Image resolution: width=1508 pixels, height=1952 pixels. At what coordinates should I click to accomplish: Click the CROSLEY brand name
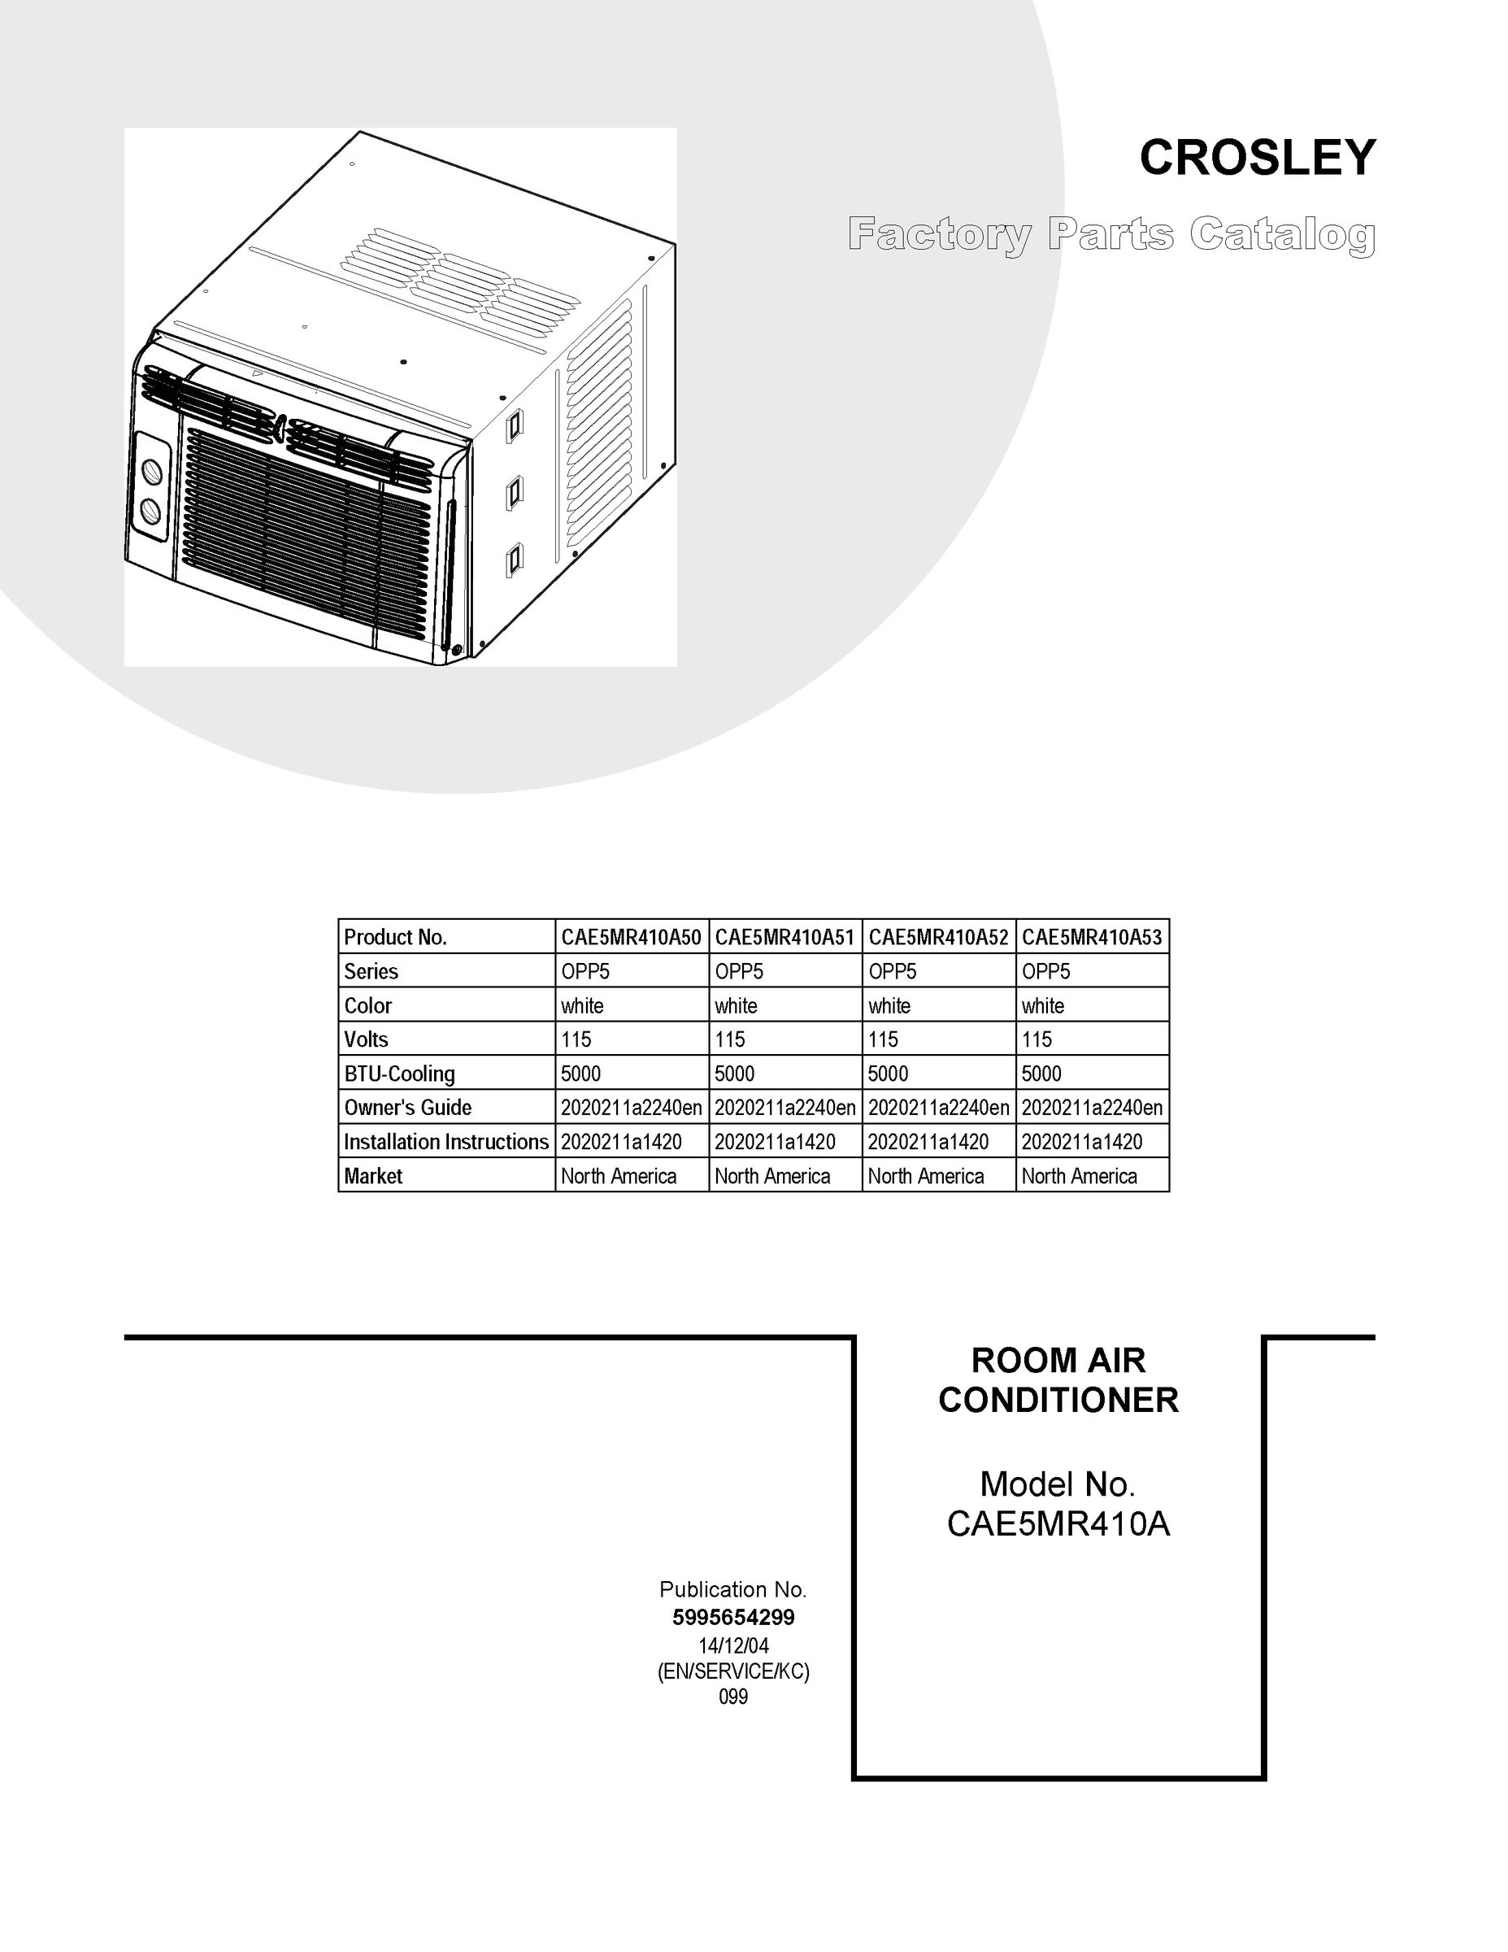[x=1257, y=159]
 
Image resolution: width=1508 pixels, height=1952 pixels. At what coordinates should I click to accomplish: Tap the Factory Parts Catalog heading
[x=1111, y=235]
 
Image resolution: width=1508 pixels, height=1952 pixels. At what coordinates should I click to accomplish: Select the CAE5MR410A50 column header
[x=631, y=937]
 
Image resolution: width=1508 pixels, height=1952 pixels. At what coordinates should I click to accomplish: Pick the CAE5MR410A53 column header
[x=1092, y=937]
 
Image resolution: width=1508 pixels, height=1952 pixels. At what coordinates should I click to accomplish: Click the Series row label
[x=371, y=972]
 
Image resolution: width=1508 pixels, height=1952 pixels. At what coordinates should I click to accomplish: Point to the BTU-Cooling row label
[x=399, y=1074]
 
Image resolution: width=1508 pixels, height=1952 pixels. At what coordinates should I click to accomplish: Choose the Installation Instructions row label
[x=445, y=1141]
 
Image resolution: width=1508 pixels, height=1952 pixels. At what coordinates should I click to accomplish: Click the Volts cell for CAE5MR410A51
[x=730, y=1039]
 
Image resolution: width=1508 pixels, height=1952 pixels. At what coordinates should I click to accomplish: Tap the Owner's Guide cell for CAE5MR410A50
[x=631, y=1108]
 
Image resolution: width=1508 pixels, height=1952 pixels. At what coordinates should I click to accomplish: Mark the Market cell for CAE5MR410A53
[x=1080, y=1176]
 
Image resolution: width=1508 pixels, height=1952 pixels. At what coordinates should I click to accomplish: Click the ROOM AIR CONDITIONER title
[x=1058, y=1380]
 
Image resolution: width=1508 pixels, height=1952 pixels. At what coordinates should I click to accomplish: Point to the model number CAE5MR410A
[x=1058, y=1524]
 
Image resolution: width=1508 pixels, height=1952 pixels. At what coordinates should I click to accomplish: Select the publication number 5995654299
[x=732, y=1617]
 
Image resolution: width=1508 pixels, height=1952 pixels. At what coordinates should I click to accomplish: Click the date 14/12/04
[x=732, y=1645]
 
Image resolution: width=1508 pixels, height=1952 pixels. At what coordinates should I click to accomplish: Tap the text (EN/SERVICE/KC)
[x=732, y=1671]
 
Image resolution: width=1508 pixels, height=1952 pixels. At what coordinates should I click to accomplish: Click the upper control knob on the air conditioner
[x=153, y=471]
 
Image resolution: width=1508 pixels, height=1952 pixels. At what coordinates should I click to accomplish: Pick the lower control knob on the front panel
[x=151, y=512]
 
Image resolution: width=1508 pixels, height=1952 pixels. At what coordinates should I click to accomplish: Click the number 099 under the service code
[x=732, y=1697]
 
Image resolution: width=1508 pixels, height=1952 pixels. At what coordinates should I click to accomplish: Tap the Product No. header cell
[x=395, y=937]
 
